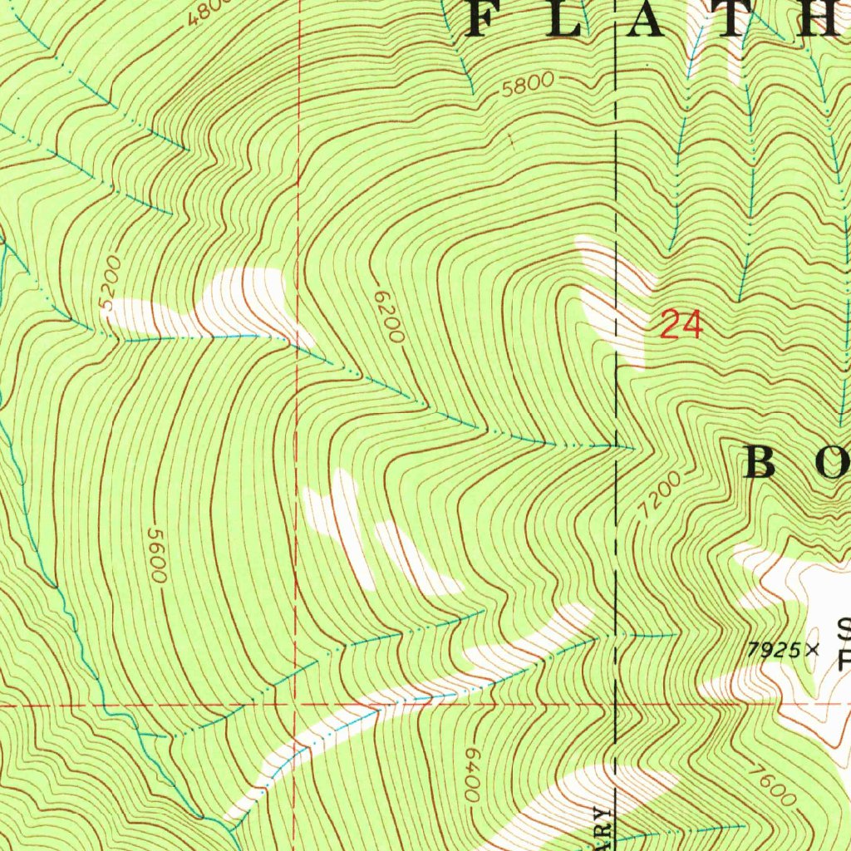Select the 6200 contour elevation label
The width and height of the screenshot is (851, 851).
tap(389, 317)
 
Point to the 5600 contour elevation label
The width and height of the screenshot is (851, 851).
tap(155, 554)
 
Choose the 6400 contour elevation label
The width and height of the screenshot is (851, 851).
tap(473, 773)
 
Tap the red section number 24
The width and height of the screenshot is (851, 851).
tap(681, 325)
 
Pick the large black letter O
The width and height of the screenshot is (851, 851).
tap(830, 463)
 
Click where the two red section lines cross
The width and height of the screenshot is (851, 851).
tap(297, 705)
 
